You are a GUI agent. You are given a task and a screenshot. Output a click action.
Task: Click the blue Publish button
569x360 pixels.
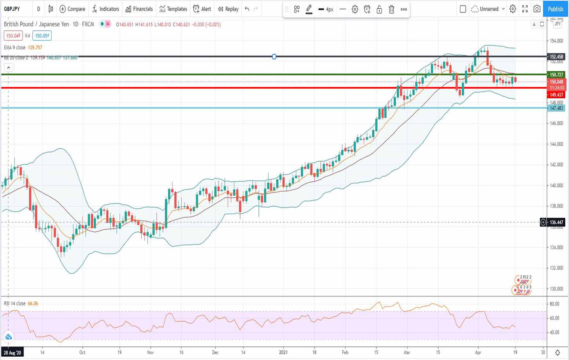555,9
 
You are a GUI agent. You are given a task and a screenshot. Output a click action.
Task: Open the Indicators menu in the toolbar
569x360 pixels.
105,9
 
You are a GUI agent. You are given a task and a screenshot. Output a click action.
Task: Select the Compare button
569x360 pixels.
72,9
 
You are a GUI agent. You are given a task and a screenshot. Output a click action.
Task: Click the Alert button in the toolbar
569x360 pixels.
202,9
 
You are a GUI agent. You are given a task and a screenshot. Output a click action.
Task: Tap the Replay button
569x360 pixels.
228,9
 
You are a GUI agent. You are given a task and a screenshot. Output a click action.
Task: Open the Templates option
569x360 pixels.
173,9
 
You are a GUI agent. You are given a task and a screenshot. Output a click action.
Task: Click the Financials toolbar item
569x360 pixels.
139,9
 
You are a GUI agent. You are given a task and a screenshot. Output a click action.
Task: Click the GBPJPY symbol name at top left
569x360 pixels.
12,9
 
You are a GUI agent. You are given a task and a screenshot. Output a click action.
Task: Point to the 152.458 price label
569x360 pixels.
556,57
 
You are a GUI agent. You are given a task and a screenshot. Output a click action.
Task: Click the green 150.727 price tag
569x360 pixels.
556,75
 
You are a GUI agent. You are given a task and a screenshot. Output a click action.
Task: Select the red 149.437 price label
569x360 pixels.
556,95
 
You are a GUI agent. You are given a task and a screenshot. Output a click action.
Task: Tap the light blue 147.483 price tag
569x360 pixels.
556,108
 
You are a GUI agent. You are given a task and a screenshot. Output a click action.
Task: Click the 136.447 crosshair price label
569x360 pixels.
556,222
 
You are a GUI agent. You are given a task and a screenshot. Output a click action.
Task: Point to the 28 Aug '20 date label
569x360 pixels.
12,353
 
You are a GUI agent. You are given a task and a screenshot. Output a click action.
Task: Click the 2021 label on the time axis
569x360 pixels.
283,352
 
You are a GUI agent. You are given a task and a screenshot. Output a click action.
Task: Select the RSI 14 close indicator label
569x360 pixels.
15,304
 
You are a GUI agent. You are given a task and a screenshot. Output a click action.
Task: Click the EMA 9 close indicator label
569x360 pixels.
15,48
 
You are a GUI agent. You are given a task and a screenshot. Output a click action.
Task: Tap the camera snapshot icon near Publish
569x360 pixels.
537,9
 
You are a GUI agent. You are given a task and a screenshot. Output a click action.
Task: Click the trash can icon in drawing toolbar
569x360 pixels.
391,10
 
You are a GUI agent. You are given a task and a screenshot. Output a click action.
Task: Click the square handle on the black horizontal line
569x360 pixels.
274,57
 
